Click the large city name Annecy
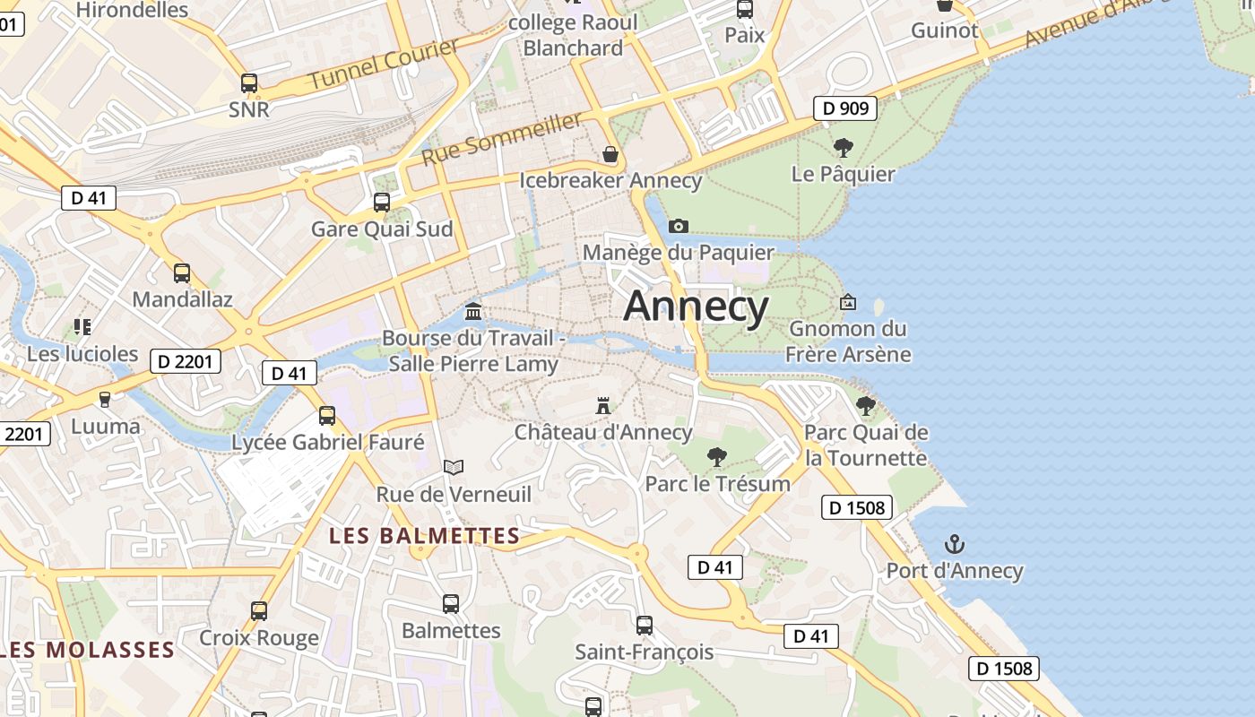coord(696,307)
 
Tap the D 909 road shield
coord(844,108)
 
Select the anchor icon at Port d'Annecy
coord(955,544)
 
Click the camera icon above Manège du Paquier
coord(679,226)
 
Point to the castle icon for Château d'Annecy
coord(603,406)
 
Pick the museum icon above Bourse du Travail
coord(473,312)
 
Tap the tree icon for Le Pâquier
coord(843,148)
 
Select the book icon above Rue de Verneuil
coord(454,467)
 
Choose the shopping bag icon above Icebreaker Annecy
coord(610,154)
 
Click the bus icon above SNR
coord(249,83)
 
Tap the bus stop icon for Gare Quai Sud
coord(382,203)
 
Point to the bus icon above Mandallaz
coord(182,273)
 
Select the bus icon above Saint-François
coord(645,626)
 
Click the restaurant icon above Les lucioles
coord(82,327)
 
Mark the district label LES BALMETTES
coord(424,536)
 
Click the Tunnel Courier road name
coord(384,64)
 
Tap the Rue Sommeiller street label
coord(501,138)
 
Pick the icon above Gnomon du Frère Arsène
coord(847,303)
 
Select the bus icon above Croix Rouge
coord(259,611)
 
